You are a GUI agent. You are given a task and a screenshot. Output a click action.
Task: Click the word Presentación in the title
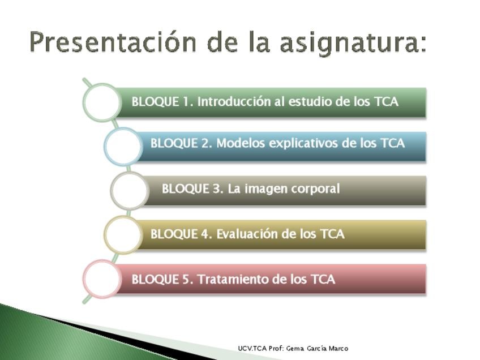point(113,42)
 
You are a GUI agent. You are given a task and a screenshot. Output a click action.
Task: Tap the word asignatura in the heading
point(353,44)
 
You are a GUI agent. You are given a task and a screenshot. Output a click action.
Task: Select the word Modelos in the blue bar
point(241,143)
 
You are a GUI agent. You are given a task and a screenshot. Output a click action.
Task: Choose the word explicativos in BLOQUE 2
point(303,144)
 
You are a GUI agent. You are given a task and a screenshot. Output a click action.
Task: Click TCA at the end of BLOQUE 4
point(332,234)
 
